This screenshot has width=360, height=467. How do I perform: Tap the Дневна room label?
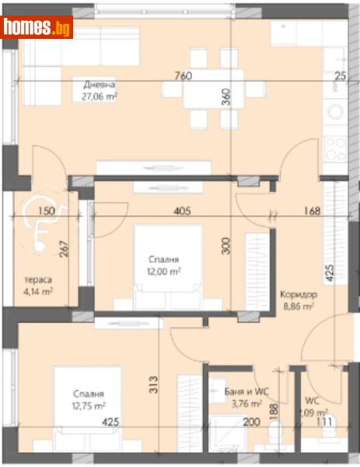tap(101, 85)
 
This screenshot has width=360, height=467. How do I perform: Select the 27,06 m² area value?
tap(100, 97)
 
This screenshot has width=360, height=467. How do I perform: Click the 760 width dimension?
tap(183, 76)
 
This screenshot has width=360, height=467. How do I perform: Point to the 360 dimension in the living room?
tap(226, 97)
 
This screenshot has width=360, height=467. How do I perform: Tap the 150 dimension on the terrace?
tap(46, 211)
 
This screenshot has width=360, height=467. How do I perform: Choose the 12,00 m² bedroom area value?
tap(165, 271)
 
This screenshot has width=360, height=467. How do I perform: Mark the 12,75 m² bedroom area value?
tap(89, 406)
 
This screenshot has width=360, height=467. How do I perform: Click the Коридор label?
tap(298, 295)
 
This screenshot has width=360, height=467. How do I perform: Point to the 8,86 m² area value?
tap(298, 307)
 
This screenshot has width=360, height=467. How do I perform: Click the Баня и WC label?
tap(242, 391)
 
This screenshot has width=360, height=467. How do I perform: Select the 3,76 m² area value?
tap(242, 402)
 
